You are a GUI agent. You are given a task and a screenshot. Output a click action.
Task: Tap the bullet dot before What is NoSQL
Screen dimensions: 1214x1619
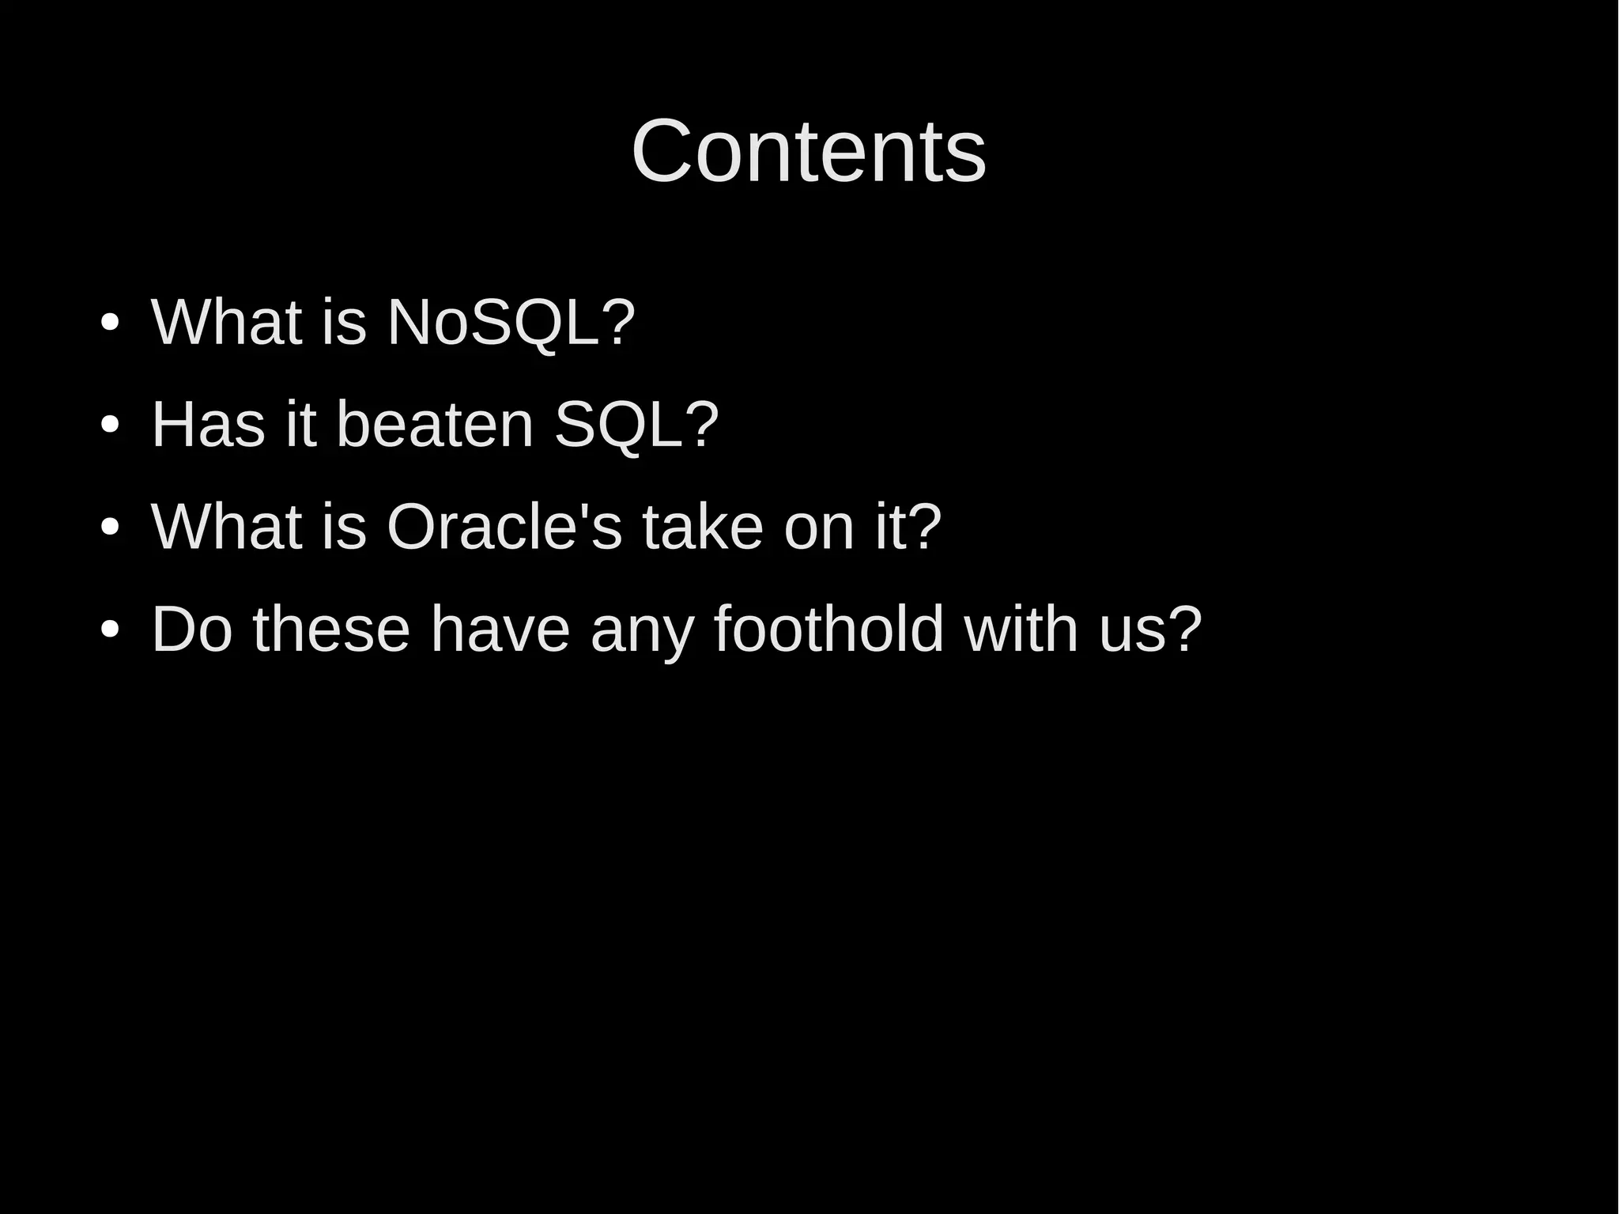point(110,323)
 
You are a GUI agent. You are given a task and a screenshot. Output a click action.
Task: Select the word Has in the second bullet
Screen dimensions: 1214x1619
point(208,425)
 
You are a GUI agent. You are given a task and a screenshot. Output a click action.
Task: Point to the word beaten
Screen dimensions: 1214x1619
point(436,425)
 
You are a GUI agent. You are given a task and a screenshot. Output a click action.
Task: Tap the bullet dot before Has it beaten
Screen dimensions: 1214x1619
point(110,425)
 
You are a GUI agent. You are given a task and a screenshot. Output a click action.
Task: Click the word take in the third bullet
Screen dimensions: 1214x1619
point(703,527)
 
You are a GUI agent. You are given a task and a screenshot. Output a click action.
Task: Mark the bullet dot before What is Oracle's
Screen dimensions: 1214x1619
point(110,528)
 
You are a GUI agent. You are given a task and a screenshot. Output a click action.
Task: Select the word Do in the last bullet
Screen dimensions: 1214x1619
point(191,630)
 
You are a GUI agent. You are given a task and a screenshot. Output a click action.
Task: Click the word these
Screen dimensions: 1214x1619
point(331,630)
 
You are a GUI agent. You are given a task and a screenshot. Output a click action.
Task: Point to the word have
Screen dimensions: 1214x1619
point(500,630)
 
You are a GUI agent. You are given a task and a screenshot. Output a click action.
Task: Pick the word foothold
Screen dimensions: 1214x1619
point(829,630)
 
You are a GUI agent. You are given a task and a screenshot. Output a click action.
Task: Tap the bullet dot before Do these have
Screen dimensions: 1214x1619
point(110,630)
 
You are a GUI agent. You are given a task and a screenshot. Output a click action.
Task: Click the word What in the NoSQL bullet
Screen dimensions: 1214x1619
point(226,323)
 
